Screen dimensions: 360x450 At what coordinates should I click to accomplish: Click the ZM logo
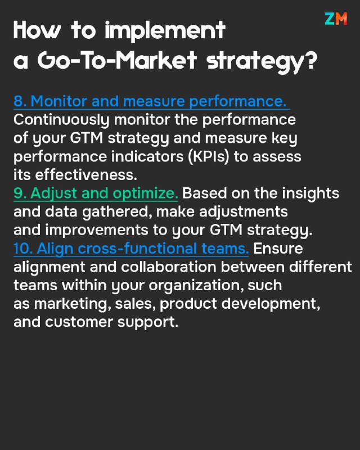click(x=336, y=19)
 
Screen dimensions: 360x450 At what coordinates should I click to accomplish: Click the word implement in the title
click(x=165, y=31)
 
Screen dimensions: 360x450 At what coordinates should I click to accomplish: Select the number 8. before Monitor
click(x=20, y=101)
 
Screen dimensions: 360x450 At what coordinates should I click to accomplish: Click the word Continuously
click(x=61, y=120)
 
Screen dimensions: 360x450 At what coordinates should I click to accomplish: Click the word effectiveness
click(x=86, y=174)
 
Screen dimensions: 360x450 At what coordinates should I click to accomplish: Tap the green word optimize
click(x=145, y=193)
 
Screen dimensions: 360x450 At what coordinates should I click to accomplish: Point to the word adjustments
click(x=243, y=212)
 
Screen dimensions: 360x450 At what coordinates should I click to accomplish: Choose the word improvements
click(x=97, y=230)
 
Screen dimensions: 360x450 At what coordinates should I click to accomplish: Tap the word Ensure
click(x=278, y=248)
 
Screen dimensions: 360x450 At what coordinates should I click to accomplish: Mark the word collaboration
click(x=169, y=267)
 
